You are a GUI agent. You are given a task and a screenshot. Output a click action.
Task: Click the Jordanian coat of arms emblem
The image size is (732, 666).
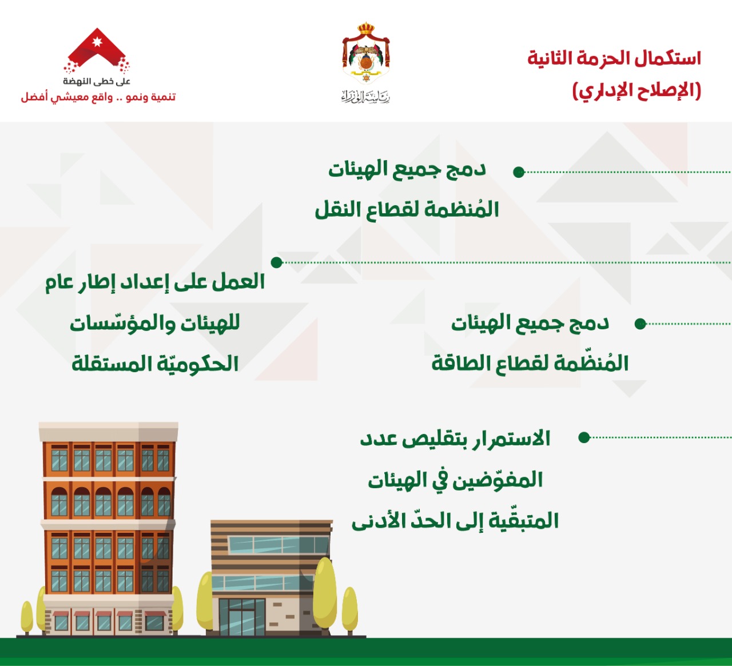365,53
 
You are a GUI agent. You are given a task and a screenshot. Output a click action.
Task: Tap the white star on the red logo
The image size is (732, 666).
97,42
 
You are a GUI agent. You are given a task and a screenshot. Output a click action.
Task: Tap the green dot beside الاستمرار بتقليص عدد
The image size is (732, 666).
584,437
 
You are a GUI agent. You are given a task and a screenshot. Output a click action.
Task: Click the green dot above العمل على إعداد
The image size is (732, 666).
277,262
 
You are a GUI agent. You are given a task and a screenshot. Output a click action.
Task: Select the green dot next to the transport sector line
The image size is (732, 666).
519,172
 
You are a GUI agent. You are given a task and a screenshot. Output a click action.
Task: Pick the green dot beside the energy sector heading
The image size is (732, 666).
640,324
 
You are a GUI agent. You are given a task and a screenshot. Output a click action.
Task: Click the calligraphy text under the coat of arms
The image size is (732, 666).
365,97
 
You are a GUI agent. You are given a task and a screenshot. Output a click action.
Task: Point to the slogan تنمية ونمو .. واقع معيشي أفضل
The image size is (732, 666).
98,97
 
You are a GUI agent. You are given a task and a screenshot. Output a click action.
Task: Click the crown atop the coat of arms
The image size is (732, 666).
365,29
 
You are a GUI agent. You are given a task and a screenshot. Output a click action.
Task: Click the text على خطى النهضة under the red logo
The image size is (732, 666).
97,81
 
